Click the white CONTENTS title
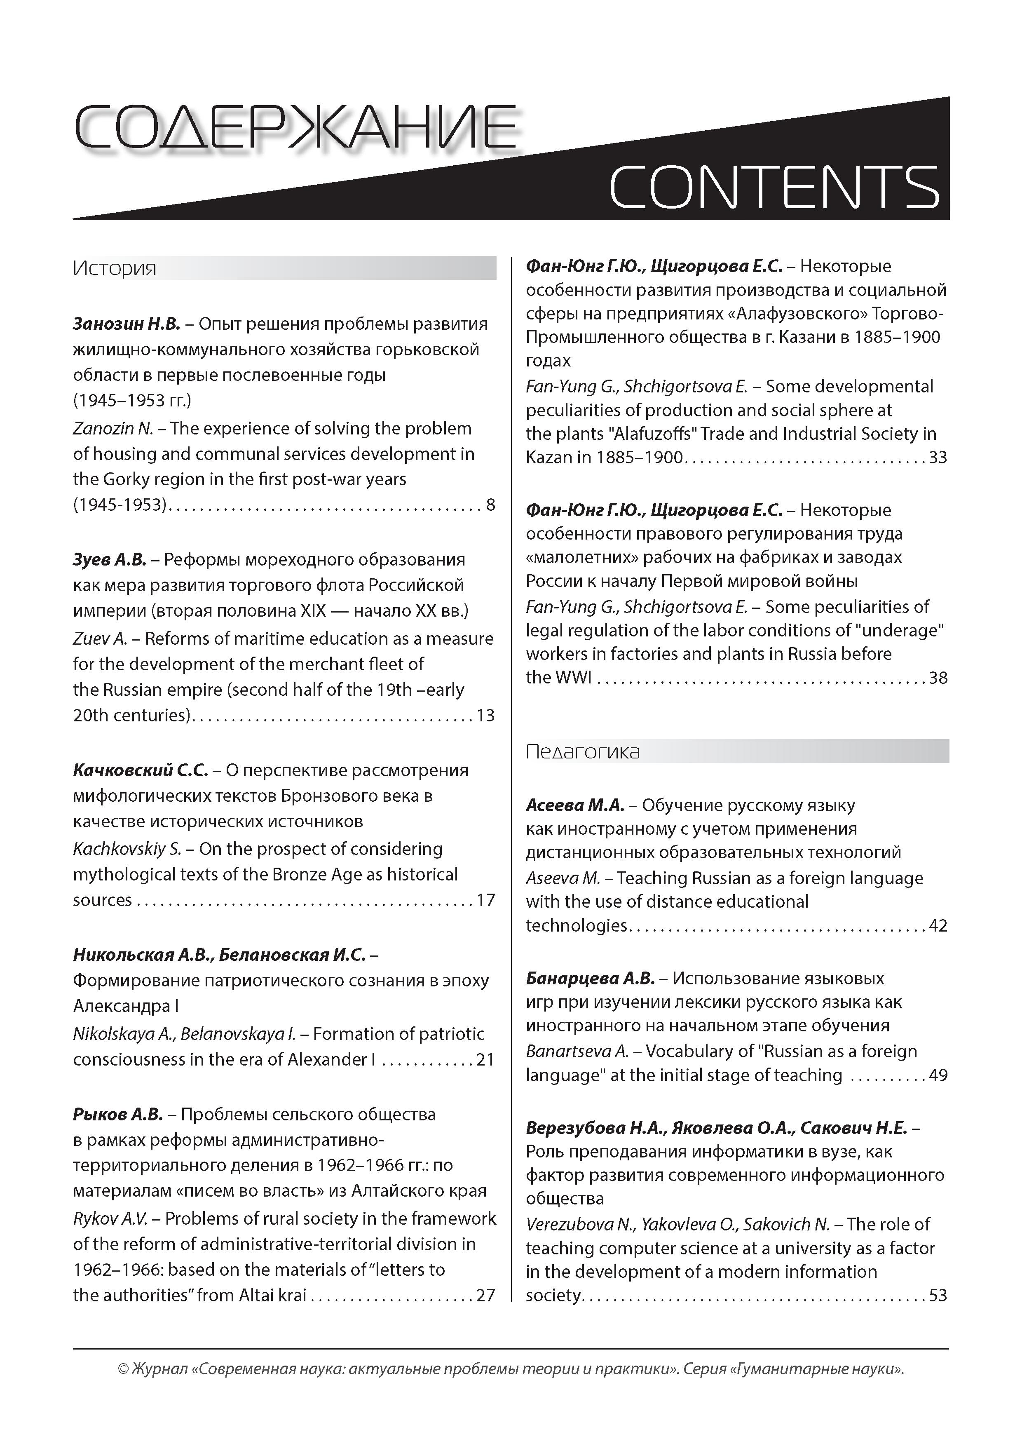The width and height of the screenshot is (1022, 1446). (774, 187)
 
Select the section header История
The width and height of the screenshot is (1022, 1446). (115, 268)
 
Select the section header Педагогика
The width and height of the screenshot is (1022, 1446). (582, 751)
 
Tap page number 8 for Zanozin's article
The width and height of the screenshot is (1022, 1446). (490, 505)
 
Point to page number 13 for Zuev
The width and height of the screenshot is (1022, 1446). (485, 716)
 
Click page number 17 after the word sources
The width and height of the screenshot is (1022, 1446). (485, 900)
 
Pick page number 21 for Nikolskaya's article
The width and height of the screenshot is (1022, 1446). (485, 1059)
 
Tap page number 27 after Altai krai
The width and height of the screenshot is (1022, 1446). (485, 1296)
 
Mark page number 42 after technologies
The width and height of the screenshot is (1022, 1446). (938, 926)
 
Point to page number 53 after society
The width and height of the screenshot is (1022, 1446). (938, 1296)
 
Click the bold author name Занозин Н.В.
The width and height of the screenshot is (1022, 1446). (127, 324)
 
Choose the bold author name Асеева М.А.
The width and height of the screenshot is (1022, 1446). (574, 805)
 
